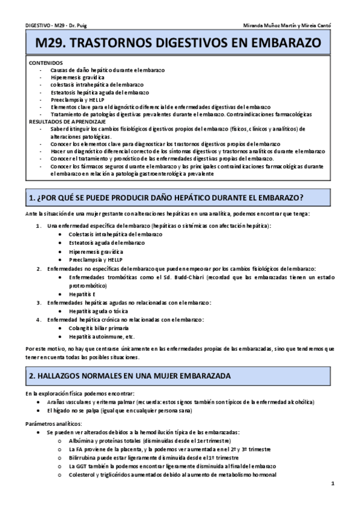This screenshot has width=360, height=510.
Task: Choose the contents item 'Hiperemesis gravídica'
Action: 78,78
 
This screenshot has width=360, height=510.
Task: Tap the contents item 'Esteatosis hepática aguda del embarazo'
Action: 100,92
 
